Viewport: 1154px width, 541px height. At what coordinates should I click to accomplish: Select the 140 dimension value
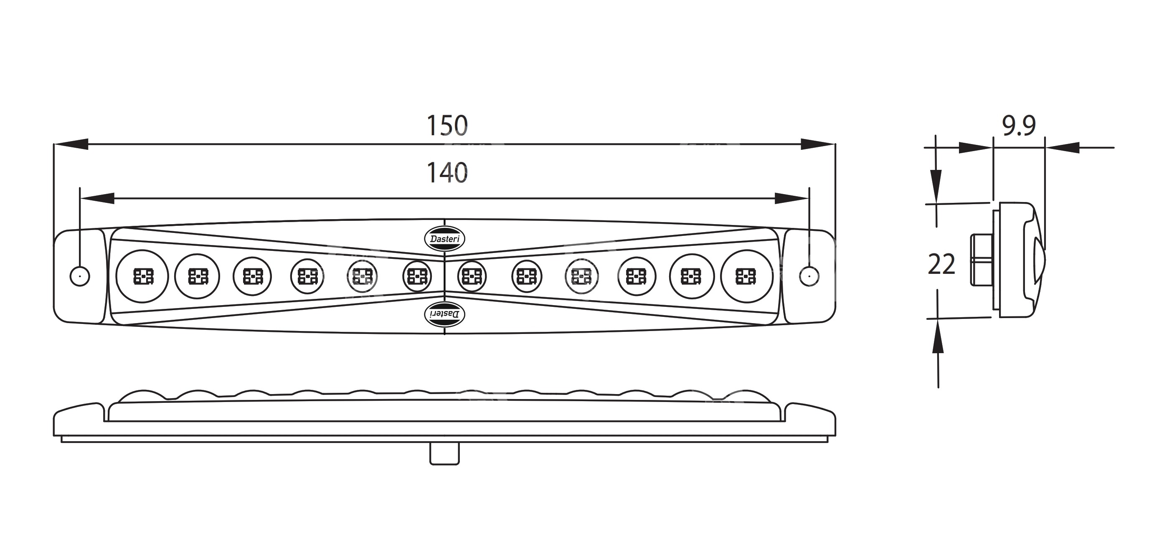click(x=446, y=173)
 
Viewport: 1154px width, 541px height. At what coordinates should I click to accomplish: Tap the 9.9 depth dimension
click(x=1018, y=126)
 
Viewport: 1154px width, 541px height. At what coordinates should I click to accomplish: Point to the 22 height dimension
click(x=941, y=264)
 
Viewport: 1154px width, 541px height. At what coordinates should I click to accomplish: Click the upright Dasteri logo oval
click(x=444, y=239)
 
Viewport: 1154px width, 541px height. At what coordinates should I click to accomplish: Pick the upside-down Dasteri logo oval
click(x=444, y=314)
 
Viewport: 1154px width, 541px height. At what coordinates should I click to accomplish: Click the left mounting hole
click(x=80, y=276)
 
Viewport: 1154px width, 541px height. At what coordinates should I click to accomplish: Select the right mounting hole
click(x=809, y=276)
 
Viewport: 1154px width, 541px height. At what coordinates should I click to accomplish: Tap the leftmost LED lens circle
click(x=142, y=276)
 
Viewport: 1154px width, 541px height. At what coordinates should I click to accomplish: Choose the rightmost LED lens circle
click(x=746, y=276)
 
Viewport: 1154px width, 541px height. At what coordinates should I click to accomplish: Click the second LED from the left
click(x=197, y=276)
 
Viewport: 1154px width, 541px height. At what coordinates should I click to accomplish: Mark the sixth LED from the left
click(x=417, y=276)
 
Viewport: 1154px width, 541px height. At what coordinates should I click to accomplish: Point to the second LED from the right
click(x=691, y=276)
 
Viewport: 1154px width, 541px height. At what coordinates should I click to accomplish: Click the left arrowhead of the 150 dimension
click(x=72, y=144)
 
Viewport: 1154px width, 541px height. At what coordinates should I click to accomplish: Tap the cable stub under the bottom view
click(x=444, y=453)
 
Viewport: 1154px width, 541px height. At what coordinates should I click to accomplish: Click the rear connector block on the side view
click(x=981, y=260)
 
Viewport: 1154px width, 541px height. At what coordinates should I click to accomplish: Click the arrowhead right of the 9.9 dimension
click(x=1062, y=147)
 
